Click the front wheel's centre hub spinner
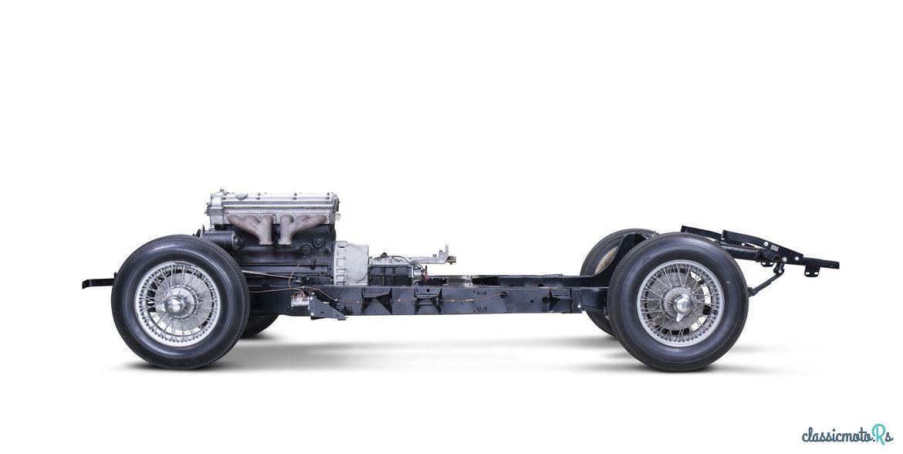(175, 303)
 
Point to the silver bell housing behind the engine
(350, 263)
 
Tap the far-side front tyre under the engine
(259, 324)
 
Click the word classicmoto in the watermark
(836, 435)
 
